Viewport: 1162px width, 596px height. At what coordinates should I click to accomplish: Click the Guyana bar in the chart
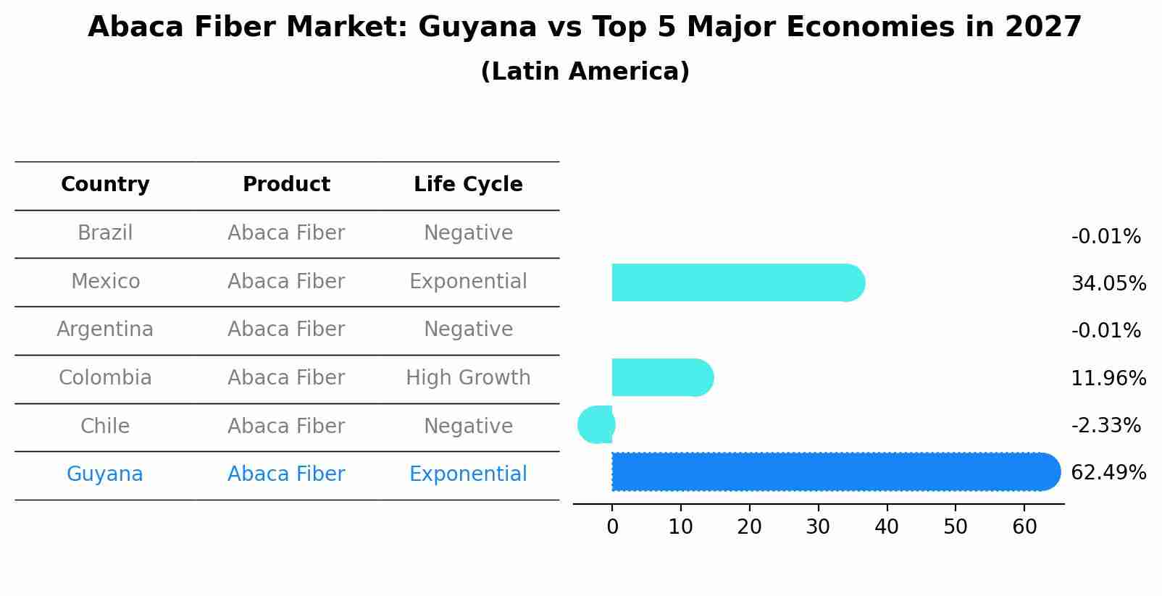point(833,471)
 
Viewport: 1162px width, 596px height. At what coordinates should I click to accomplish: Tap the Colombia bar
point(661,377)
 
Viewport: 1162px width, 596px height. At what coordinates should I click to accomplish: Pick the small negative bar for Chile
point(597,424)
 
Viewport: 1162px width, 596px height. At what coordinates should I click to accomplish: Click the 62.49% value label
point(1108,473)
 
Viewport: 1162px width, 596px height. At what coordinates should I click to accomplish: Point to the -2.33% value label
point(1105,425)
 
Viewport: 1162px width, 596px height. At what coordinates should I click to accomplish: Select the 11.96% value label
point(1108,378)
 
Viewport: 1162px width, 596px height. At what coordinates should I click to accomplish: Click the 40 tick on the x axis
point(887,527)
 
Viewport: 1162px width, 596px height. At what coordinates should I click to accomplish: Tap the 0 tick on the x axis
point(612,527)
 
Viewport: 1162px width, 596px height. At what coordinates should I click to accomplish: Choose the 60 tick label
point(1024,527)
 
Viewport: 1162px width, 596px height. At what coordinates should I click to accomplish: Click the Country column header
point(105,185)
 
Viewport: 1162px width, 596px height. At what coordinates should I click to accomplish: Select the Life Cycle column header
point(468,185)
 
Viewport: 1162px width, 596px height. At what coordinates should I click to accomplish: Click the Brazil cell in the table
point(105,233)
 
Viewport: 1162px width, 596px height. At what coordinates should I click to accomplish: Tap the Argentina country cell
point(105,330)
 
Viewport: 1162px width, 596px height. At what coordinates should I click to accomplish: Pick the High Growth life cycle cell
point(468,378)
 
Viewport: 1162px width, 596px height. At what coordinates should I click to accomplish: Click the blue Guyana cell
point(105,474)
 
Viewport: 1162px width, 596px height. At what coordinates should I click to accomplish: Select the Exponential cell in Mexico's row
point(468,282)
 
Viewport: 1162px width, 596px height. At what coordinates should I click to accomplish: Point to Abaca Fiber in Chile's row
point(286,427)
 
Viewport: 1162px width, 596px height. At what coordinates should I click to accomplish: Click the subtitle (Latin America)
point(585,72)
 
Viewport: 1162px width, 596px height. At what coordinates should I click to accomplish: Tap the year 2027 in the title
point(1042,28)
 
